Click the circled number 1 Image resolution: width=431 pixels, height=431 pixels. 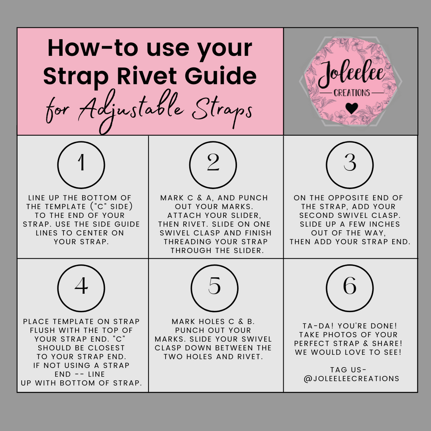81,165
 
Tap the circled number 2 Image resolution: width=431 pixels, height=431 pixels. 213,165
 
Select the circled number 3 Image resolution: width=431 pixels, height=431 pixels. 350,164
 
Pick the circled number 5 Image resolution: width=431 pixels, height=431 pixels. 215,287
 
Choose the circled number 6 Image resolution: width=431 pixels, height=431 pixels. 350,287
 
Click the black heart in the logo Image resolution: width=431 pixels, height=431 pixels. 351,108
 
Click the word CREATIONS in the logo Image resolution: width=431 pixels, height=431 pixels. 352,93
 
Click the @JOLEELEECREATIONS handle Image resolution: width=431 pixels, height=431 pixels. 351,379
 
